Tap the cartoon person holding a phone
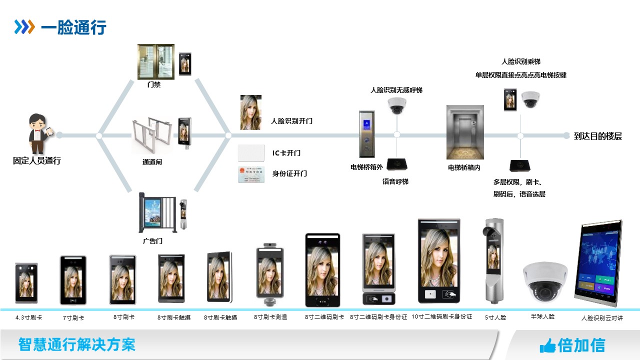coord(38,133)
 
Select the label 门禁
coord(154,85)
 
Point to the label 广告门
coord(152,241)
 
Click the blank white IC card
coord(251,152)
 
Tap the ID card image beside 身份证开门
coord(251,173)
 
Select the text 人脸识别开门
coord(291,121)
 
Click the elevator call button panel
coord(366,133)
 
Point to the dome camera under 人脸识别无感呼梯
coord(396,105)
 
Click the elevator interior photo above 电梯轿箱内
coord(465,132)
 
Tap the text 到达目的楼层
coord(598,136)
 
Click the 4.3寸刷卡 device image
coord(26,282)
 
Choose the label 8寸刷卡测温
coord(270,317)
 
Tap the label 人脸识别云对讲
coord(602,318)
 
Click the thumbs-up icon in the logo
coord(547,345)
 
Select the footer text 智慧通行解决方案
coord(76,344)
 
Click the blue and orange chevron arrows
coord(24,27)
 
